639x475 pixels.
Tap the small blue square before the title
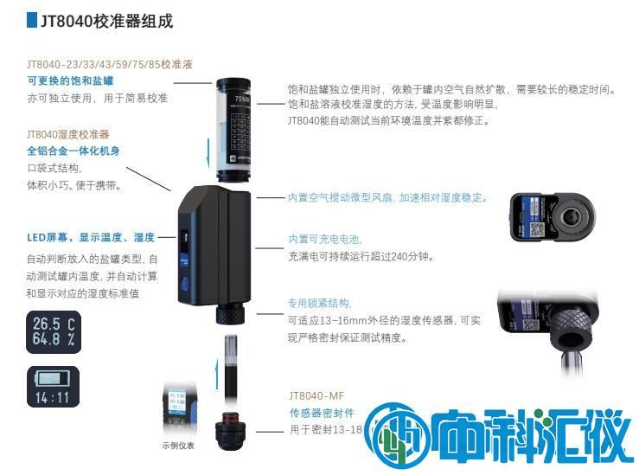click(32, 21)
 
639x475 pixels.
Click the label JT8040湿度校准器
click(68, 134)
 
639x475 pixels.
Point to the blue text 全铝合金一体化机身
click(73, 151)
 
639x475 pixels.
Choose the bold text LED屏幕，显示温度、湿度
click(91, 238)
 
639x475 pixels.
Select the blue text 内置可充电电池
click(324, 240)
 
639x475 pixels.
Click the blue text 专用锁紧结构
click(319, 303)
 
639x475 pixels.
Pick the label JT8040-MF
click(316, 395)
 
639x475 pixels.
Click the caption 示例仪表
click(178, 446)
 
